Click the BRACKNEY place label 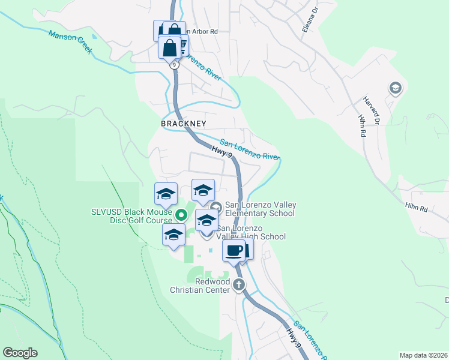[184, 124]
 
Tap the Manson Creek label [71, 43]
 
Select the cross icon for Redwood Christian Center [239, 285]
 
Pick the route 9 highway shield [173, 64]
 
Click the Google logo [20, 353]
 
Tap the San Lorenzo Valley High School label [251, 232]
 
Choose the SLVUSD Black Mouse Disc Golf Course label [131, 216]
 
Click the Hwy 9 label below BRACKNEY [222, 154]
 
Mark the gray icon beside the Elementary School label [217, 208]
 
